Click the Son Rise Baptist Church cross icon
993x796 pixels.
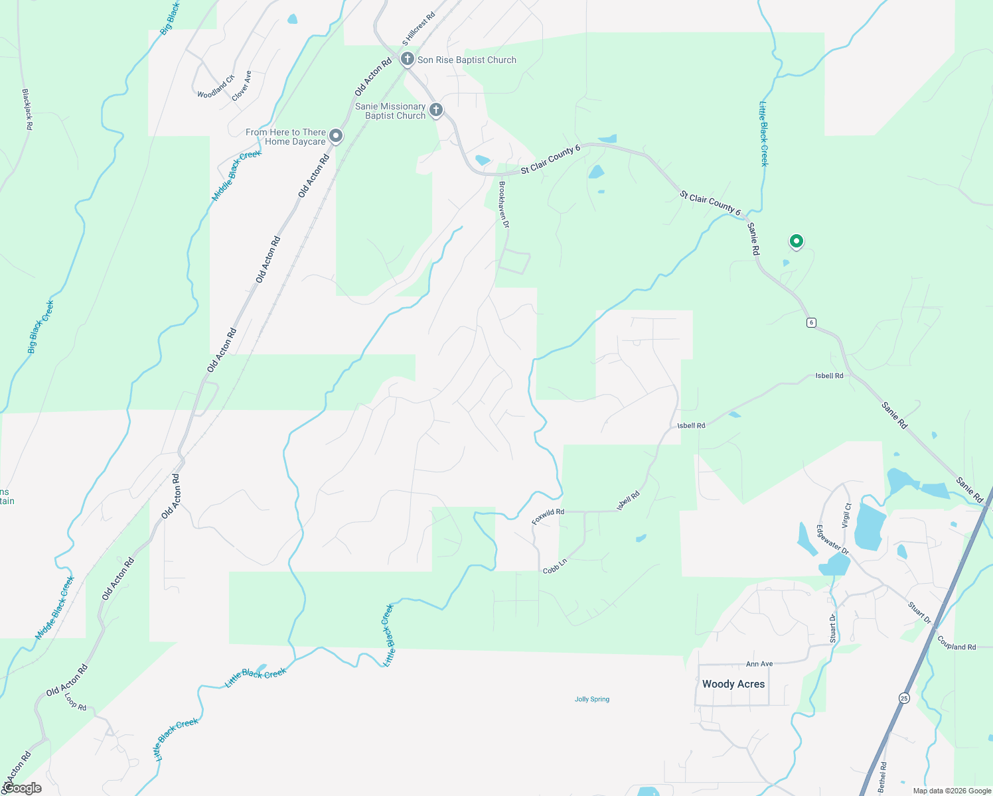pos(408,59)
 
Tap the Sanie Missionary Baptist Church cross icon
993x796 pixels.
pos(435,110)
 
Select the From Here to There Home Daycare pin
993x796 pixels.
pos(336,136)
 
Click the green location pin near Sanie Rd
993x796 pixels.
pos(796,241)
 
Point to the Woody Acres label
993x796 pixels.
pos(733,684)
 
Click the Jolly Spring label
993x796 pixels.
pos(592,699)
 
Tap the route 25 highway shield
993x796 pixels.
pos(904,698)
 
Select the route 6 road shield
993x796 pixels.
pos(811,322)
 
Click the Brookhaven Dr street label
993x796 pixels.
pos(504,204)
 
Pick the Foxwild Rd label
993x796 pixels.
pos(548,516)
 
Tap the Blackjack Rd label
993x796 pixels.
pos(27,109)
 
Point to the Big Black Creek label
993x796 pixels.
pos(40,326)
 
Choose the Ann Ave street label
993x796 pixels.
pos(759,664)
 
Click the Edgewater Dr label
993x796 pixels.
pos(832,539)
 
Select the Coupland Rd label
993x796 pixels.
pos(956,642)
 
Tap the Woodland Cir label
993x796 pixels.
pos(216,87)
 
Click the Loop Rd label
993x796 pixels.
pos(76,702)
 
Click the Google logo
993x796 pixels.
pos(22,788)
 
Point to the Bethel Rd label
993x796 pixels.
pos(882,777)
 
